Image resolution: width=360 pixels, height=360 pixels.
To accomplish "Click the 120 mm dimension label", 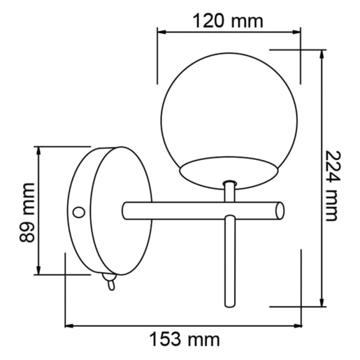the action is (228, 21).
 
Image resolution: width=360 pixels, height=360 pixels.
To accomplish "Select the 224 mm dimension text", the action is (331, 186).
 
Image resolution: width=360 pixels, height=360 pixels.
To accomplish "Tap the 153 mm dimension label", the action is (185, 340).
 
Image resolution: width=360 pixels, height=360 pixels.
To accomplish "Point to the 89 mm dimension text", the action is (27, 213).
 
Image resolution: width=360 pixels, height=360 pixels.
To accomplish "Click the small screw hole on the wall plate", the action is (79, 213).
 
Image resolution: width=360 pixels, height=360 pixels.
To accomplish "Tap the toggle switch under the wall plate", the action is (110, 282).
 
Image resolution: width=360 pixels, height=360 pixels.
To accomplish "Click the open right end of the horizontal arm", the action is (280, 211).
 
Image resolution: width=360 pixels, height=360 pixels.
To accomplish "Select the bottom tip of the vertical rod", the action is (230, 306).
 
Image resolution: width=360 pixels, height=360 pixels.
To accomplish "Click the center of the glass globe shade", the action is (229, 121).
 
